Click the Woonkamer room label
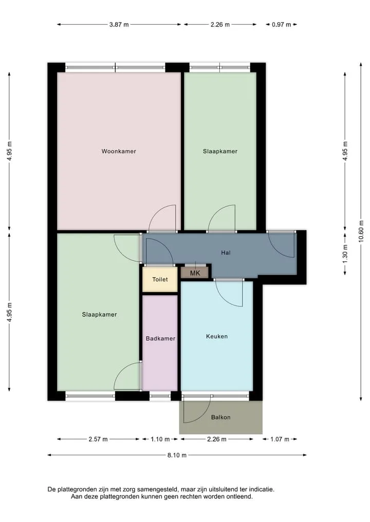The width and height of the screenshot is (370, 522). [119, 151]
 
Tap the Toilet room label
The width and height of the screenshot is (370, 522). [160, 279]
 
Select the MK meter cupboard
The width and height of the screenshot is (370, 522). [195, 273]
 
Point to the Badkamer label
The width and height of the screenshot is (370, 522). [160, 339]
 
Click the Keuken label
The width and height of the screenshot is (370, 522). [217, 336]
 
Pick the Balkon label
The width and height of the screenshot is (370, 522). [220, 417]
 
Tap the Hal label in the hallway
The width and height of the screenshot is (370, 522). [226, 253]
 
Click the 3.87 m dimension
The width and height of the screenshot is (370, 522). [119, 25]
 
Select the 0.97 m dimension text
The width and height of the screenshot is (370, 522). [281, 25]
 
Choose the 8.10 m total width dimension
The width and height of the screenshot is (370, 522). [177, 455]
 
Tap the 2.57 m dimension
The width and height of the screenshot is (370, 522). [98, 439]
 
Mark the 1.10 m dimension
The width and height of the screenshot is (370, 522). [160, 439]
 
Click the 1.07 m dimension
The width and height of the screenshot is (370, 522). [280, 439]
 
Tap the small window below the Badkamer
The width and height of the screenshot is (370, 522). [160, 396]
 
